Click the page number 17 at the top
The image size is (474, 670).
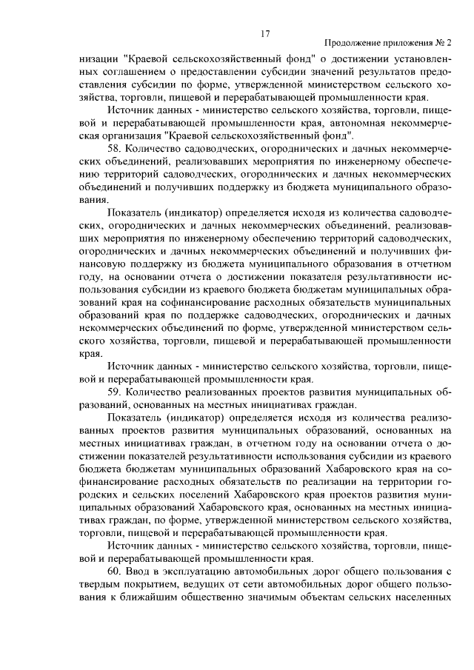[x=265, y=33]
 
